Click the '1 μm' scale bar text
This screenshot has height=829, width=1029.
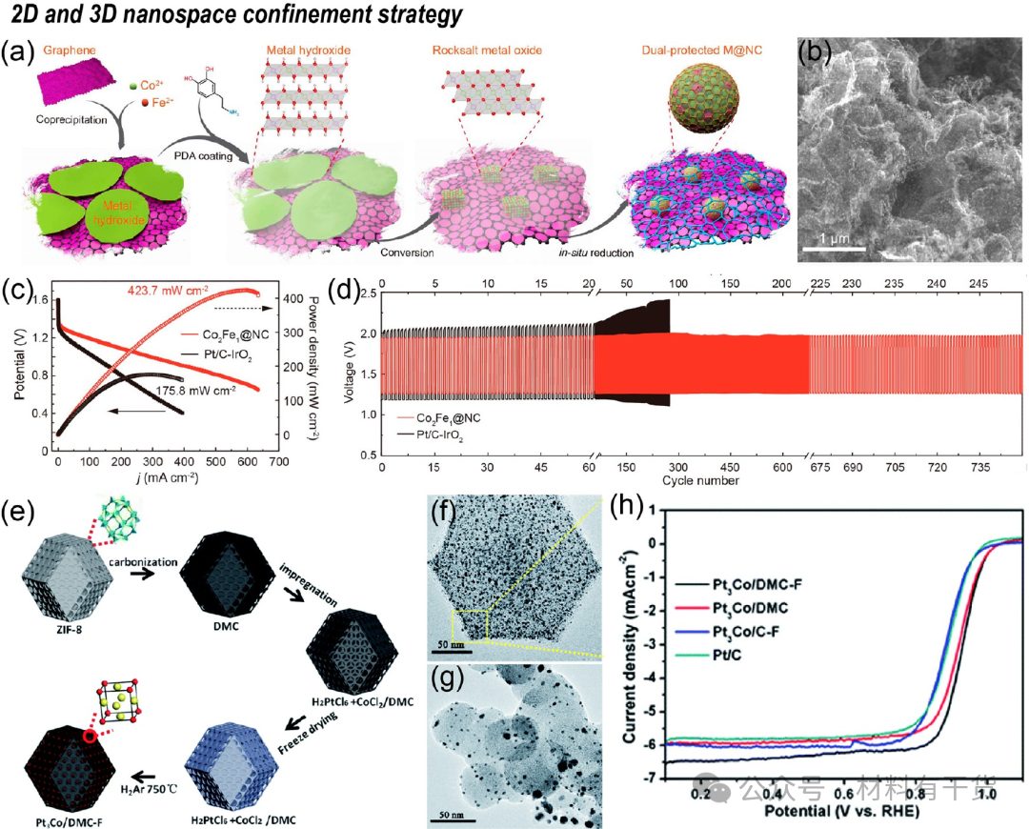pos(832,235)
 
